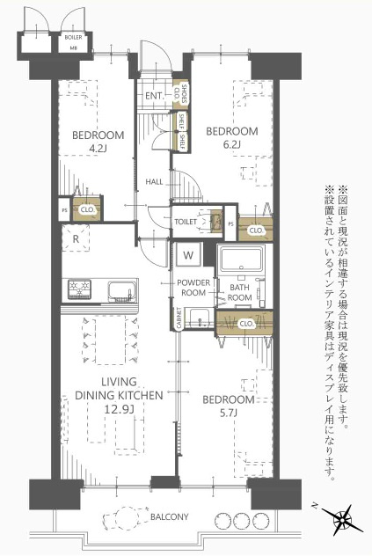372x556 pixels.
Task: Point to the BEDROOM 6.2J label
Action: [x=231, y=137]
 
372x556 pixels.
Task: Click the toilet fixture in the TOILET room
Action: [x=212, y=222]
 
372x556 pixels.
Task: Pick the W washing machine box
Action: [x=188, y=255]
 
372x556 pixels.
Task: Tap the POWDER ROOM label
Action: [x=192, y=288]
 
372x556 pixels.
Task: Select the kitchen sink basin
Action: [x=119, y=289]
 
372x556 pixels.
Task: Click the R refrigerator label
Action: [x=77, y=238]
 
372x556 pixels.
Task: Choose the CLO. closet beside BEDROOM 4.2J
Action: [x=87, y=210]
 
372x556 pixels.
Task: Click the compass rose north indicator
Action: [x=339, y=518]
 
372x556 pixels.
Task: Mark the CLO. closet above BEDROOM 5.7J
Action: [x=247, y=323]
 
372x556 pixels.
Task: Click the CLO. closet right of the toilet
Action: [x=256, y=230]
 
